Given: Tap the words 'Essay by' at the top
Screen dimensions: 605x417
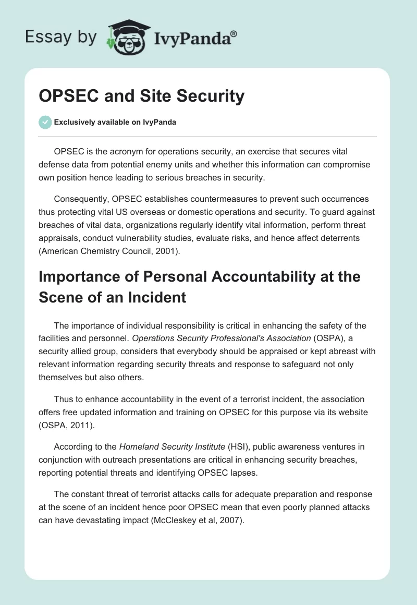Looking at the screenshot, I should pyautogui.click(x=61, y=37).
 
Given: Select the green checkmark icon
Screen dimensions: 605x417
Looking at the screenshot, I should pyautogui.click(x=45, y=122).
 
